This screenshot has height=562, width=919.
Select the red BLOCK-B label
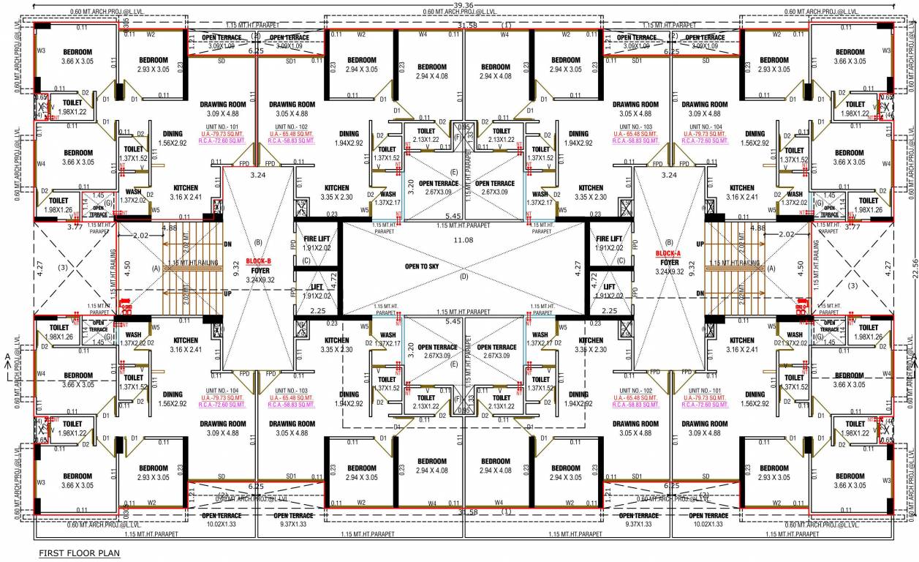(x=258, y=261)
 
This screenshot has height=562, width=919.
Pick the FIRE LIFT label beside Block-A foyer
(x=609, y=239)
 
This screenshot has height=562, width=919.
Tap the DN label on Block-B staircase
(x=227, y=244)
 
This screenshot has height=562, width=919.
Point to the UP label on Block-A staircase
(x=699, y=244)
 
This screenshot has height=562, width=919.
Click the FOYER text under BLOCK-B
(x=261, y=270)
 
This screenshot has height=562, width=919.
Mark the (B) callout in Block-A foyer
(x=667, y=242)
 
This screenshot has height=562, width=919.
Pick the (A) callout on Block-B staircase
(x=156, y=269)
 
